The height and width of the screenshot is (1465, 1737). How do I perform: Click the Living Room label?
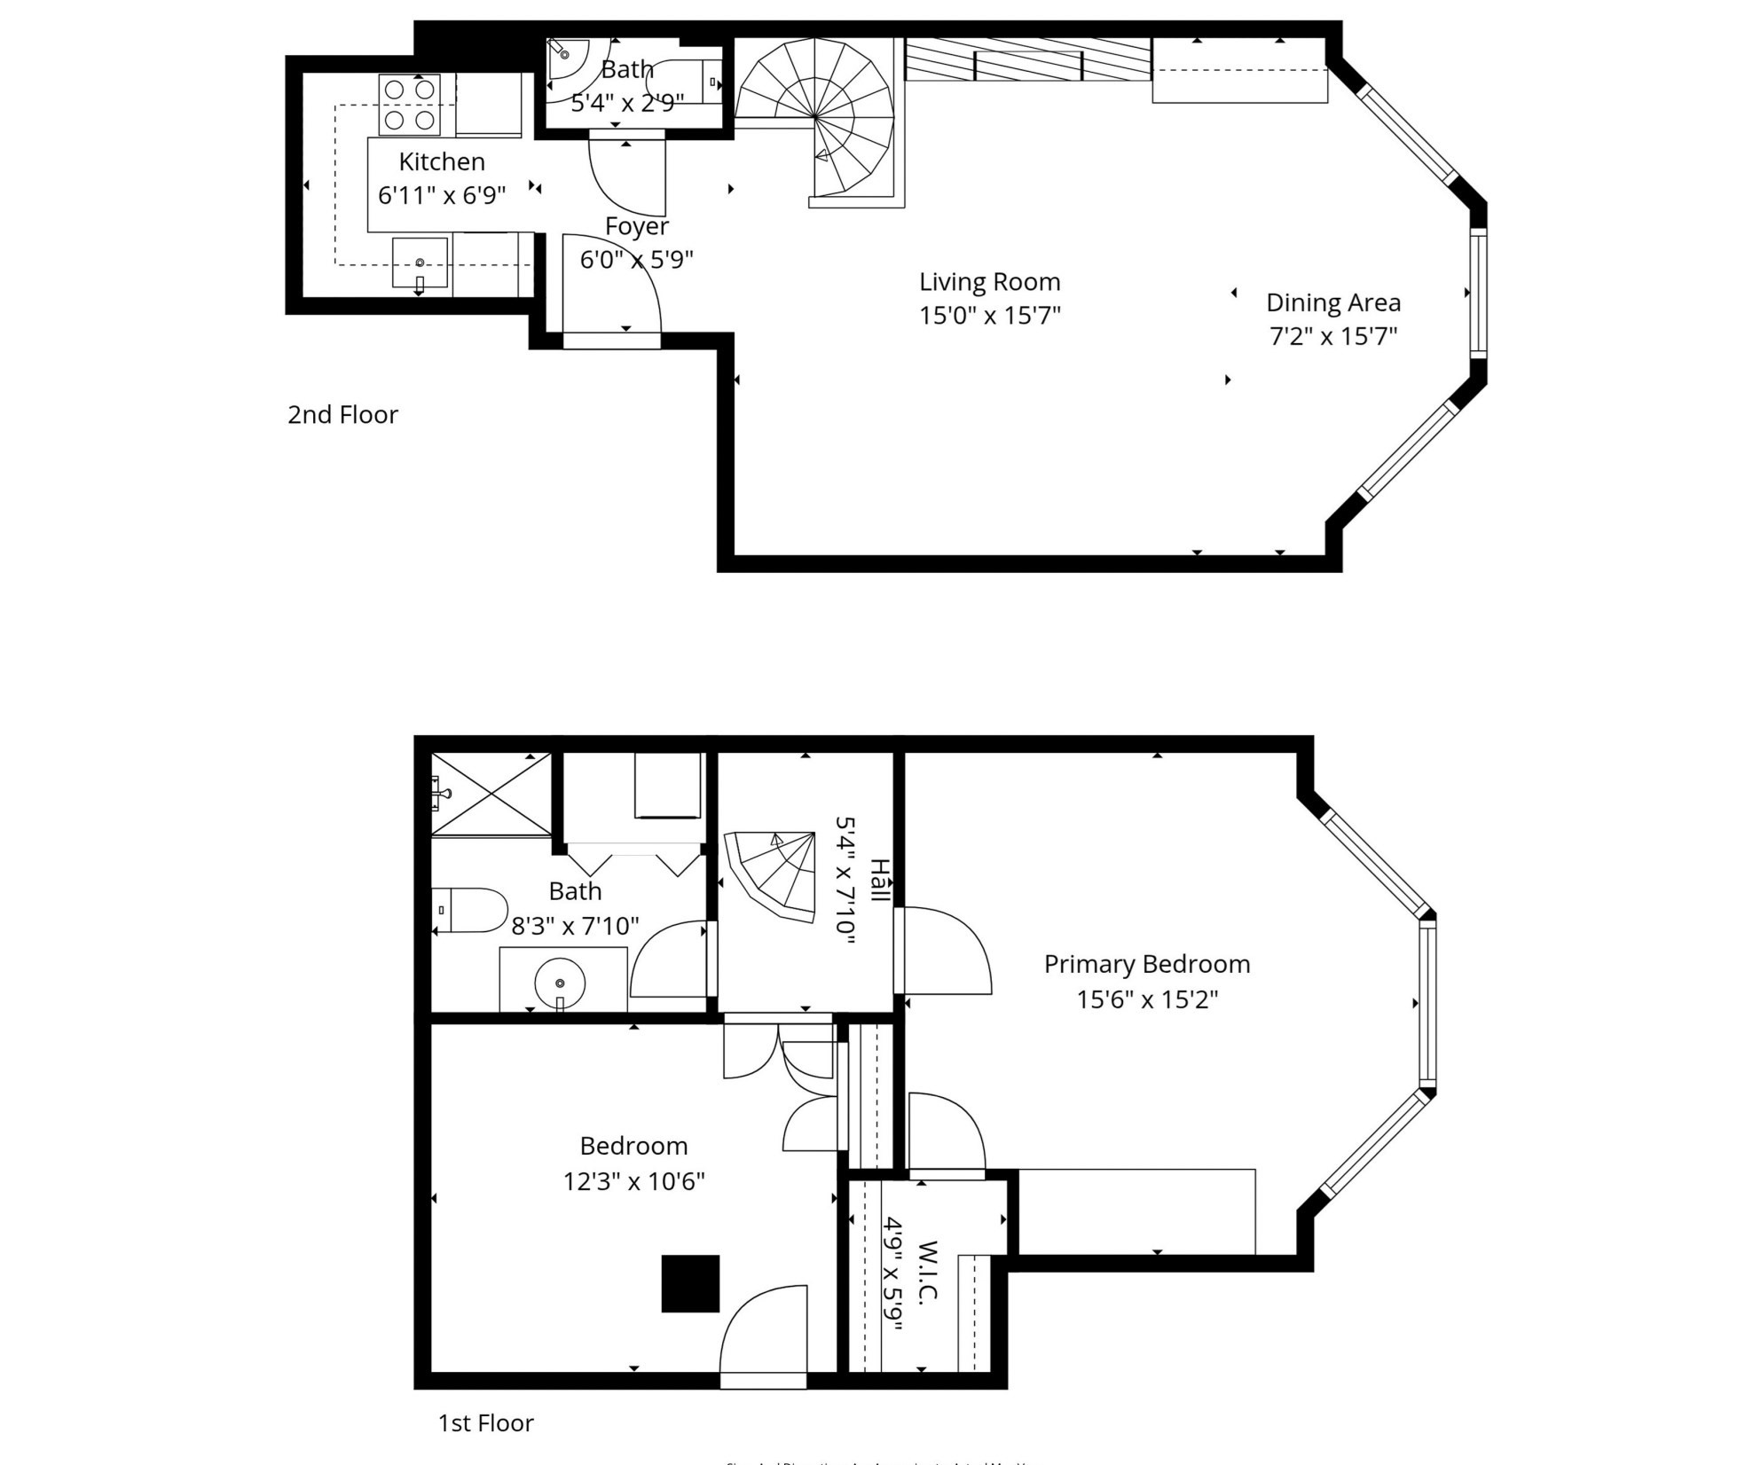pyautogui.click(x=989, y=282)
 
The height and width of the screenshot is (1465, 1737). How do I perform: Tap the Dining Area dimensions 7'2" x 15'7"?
pyautogui.click(x=1333, y=336)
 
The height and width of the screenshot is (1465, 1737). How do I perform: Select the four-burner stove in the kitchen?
pyautogui.click(x=409, y=105)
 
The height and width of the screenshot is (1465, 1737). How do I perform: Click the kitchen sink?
pyautogui.click(x=420, y=263)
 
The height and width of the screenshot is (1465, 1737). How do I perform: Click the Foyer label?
pyautogui.click(x=636, y=226)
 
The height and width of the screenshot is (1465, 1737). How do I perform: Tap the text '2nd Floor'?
pyautogui.click(x=342, y=414)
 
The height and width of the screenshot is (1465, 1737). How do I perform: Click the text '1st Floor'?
pyautogui.click(x=485, y=1422)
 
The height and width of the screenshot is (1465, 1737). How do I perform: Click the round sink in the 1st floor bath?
pyautogui.click(x=560, y=983)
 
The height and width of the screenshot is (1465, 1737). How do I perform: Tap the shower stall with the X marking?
pyautogui.click(x=491, y=794)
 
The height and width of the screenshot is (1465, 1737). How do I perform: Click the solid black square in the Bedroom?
pyautogui.click(x=690, y=1283)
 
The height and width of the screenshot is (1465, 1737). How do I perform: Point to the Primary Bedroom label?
pyautogui.click(x=1146, y=964)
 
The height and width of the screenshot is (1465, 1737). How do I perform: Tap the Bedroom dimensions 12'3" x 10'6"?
pyautogui.click(x=633, y=1181)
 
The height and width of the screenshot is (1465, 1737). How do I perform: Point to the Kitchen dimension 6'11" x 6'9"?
pyautogui.click(x=442, y=195)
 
